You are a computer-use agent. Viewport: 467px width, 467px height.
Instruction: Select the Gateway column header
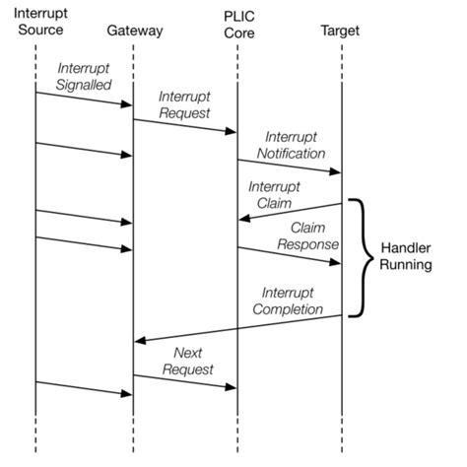(134, 31)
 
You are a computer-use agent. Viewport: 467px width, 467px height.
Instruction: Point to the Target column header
(340, 31)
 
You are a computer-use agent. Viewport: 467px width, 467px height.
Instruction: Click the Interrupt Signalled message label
(84, 76)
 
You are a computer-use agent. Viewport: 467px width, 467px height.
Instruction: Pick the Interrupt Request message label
(185, 103)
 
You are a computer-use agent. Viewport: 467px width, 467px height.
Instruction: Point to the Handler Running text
(405, 255)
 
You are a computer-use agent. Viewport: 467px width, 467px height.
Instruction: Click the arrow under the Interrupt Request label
(185, 124)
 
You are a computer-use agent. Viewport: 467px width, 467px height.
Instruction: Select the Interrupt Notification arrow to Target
(289, 166)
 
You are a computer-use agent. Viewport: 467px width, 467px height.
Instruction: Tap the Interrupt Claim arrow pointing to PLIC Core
(290, 211)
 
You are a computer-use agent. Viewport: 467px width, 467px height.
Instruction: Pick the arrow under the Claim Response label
(289, 254)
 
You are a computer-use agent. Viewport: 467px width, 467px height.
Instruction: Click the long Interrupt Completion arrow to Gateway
(237, 328)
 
